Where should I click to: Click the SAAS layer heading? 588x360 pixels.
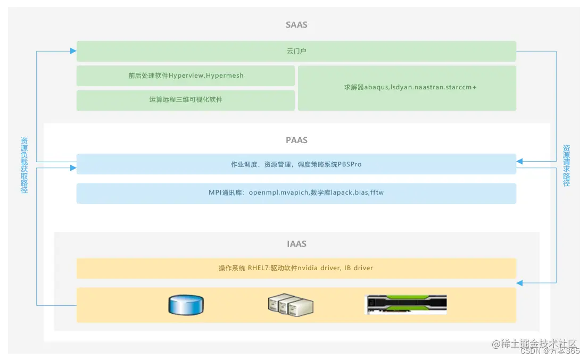(x=296, y=25)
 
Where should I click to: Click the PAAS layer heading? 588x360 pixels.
(x=296, y=140)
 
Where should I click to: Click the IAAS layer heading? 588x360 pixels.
(x=296, y=244)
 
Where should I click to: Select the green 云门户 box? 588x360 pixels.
(x=296, y=51)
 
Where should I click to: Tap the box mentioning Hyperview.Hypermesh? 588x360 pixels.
(x=185, y=76)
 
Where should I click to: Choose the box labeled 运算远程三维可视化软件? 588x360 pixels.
(x=185, y=100)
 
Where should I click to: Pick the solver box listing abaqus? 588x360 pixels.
(x=407, y=88)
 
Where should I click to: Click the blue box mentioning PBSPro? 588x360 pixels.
(x=296, y=164)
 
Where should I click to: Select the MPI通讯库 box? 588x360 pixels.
(x=296, y=193)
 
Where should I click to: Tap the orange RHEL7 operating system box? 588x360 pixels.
(x=296, y=268)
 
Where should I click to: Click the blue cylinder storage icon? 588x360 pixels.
(x=186, y=305)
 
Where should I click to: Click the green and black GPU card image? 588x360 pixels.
(x=406, y=305)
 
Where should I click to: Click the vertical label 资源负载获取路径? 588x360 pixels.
(x=24, y=165)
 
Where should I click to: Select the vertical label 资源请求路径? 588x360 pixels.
(x=567, y=165)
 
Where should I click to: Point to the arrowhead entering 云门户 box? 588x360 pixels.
(x=73, y=51)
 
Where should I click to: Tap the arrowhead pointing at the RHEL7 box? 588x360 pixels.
(x=519, y=283)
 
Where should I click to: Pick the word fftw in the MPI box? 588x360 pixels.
(x=377, y=193)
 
